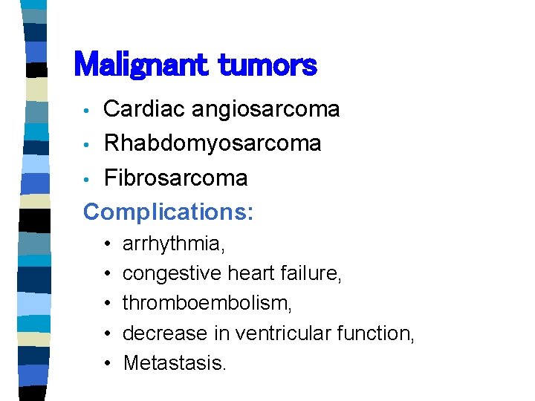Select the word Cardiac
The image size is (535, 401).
[x=144, y=109]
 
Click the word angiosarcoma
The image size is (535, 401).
[x=265, y=109]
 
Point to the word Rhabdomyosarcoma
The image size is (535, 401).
[x=212, y=143]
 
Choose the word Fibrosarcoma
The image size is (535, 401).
[x=175, y=177]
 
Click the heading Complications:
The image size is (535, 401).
[x=168, y=212]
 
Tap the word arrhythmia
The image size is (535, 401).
[x=174, y=244]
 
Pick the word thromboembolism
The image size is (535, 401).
[x=207, y=303]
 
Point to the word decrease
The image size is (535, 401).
[x=159, y=333]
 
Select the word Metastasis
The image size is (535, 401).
[x=174, y=362]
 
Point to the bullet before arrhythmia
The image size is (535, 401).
[x=108, y=244]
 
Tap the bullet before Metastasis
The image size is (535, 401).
[x=108, y=362]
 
